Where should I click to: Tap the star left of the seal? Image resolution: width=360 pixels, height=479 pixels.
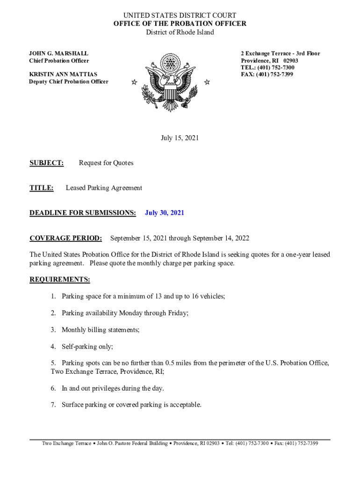click(134, 82)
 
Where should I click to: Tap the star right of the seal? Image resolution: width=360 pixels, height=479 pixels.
click(207, 82)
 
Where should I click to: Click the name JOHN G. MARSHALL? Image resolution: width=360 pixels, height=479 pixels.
click(59, 54)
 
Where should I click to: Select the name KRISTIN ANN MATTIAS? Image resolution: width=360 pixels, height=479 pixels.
click(64, 74)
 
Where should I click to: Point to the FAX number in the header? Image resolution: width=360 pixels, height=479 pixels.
click(267, 74)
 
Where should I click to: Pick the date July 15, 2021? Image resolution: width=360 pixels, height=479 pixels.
click(180, 138)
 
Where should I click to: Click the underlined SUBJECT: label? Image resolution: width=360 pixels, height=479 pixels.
click(47, 163)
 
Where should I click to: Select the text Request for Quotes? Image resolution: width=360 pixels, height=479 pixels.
click(106, 163)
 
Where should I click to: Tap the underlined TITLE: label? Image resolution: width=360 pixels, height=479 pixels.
click(42, 188)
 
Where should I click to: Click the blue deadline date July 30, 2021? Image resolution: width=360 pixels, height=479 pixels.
click(165, 213)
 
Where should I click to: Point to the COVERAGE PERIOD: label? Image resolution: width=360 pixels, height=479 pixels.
click(65, 238)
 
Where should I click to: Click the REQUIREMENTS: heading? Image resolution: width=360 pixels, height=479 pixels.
click(60, 280)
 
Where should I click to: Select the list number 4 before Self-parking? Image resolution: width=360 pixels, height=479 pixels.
click(53, 347)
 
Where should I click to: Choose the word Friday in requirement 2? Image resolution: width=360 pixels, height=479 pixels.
click(178, 313)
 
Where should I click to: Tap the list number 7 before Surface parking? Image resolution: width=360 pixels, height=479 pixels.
click(53, 405)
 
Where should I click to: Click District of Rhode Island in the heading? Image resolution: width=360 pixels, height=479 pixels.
click(180, 32)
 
